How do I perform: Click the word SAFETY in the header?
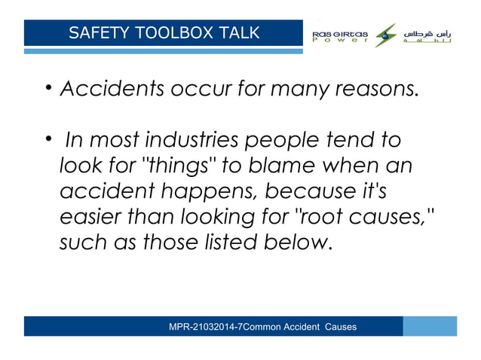[x=94, y=32]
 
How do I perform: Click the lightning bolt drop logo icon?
[x=386, y=34]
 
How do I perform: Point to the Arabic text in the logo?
[x=427, y=35]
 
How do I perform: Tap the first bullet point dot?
[x=47, y=92]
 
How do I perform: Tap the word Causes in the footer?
[x=341, y=327]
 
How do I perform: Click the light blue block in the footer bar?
[x=430, y=326]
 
